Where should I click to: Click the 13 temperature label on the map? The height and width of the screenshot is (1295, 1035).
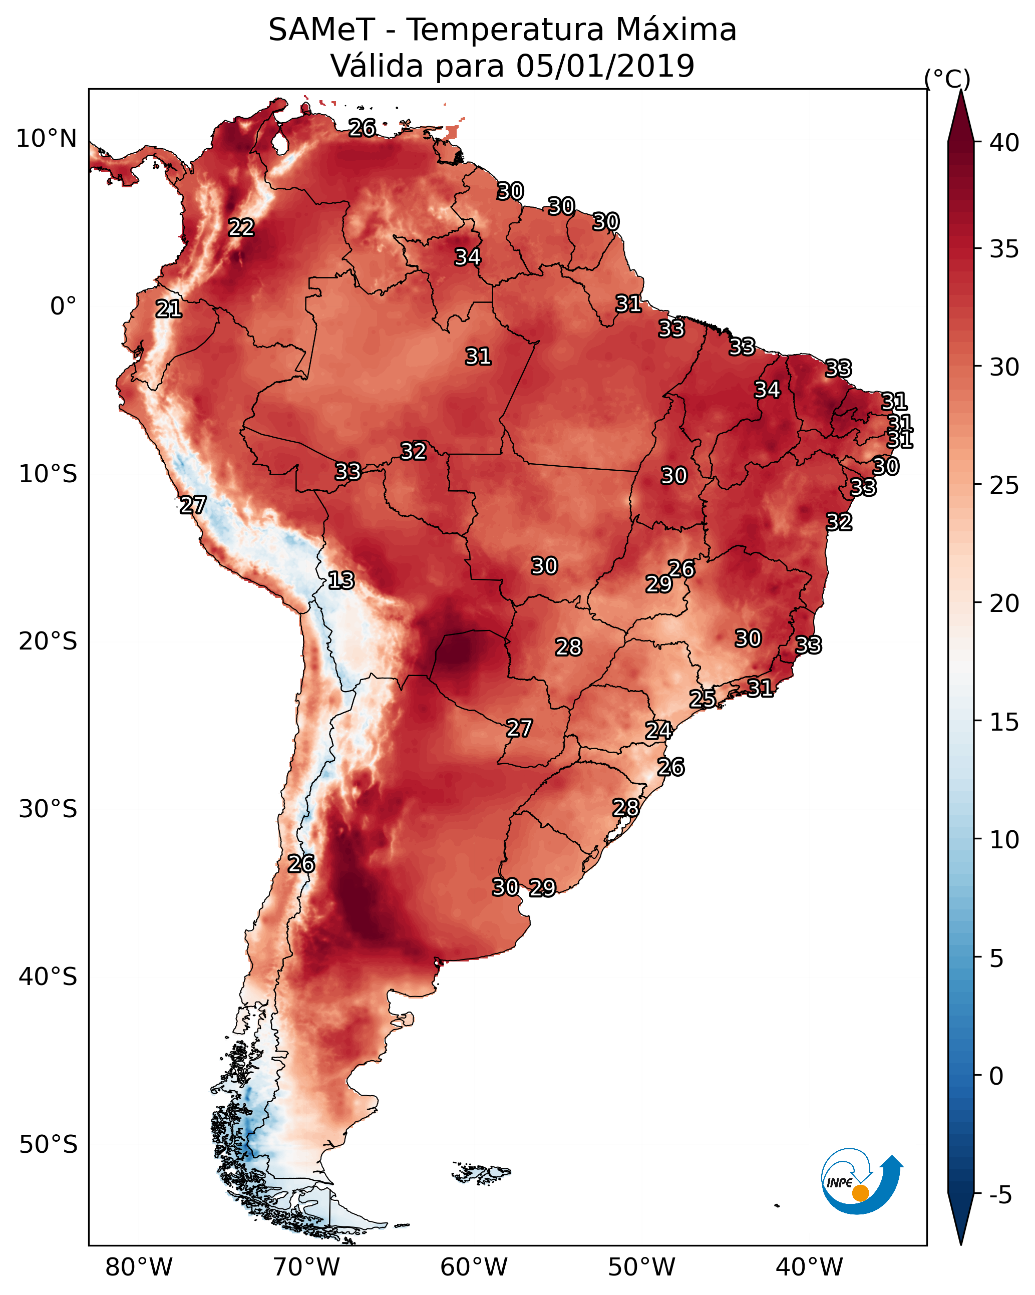341,580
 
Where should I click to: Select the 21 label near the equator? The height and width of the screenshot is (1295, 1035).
169,309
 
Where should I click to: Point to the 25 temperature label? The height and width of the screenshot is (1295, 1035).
702,699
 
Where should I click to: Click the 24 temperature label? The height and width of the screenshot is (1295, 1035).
658,731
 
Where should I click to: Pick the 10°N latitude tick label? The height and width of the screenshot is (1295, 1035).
46,139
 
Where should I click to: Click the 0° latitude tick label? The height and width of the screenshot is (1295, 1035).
64,306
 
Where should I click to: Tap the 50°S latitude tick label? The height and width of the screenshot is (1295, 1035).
48,1144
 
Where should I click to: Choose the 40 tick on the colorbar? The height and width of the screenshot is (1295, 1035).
1004,143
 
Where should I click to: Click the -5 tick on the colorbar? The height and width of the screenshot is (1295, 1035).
1001,1195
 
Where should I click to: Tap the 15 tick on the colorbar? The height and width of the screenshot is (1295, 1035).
1004,722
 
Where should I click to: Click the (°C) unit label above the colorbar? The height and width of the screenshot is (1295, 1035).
947,79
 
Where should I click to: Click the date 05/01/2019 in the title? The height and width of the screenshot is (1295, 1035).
605,66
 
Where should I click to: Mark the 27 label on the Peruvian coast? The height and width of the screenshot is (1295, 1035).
193,505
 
